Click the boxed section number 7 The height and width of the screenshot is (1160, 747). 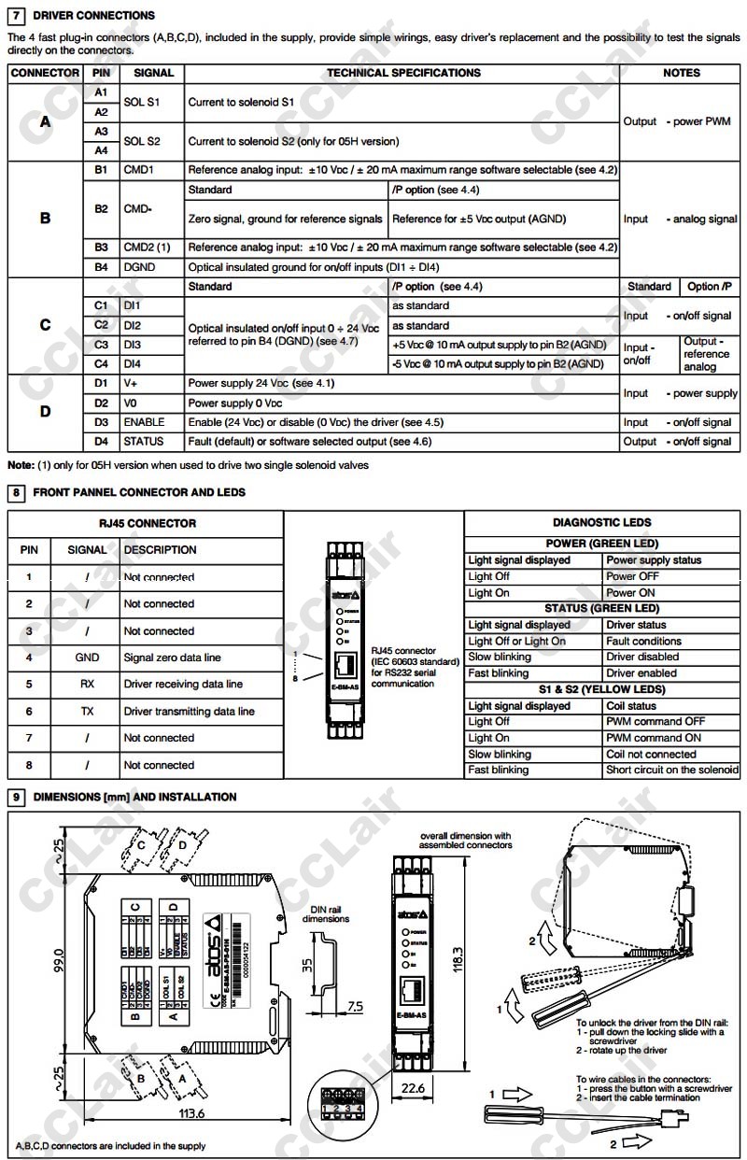click(16, 16)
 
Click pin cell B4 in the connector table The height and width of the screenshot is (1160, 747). click(101, 267)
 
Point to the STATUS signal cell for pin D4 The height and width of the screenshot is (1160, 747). click(143, 442)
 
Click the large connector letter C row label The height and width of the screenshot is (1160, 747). click(45, 325)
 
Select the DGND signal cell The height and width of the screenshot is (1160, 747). click(138, 267)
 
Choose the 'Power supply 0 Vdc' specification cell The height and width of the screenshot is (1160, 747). click(235, 403)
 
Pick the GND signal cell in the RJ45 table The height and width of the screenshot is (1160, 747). click(87, 658)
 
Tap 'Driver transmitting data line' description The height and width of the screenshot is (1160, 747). click(189, 712)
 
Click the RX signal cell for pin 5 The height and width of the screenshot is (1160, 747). click(87, 685)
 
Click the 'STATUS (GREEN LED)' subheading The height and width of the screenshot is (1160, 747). click(602, 608)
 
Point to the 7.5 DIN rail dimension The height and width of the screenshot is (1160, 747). click(355, 1007)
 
